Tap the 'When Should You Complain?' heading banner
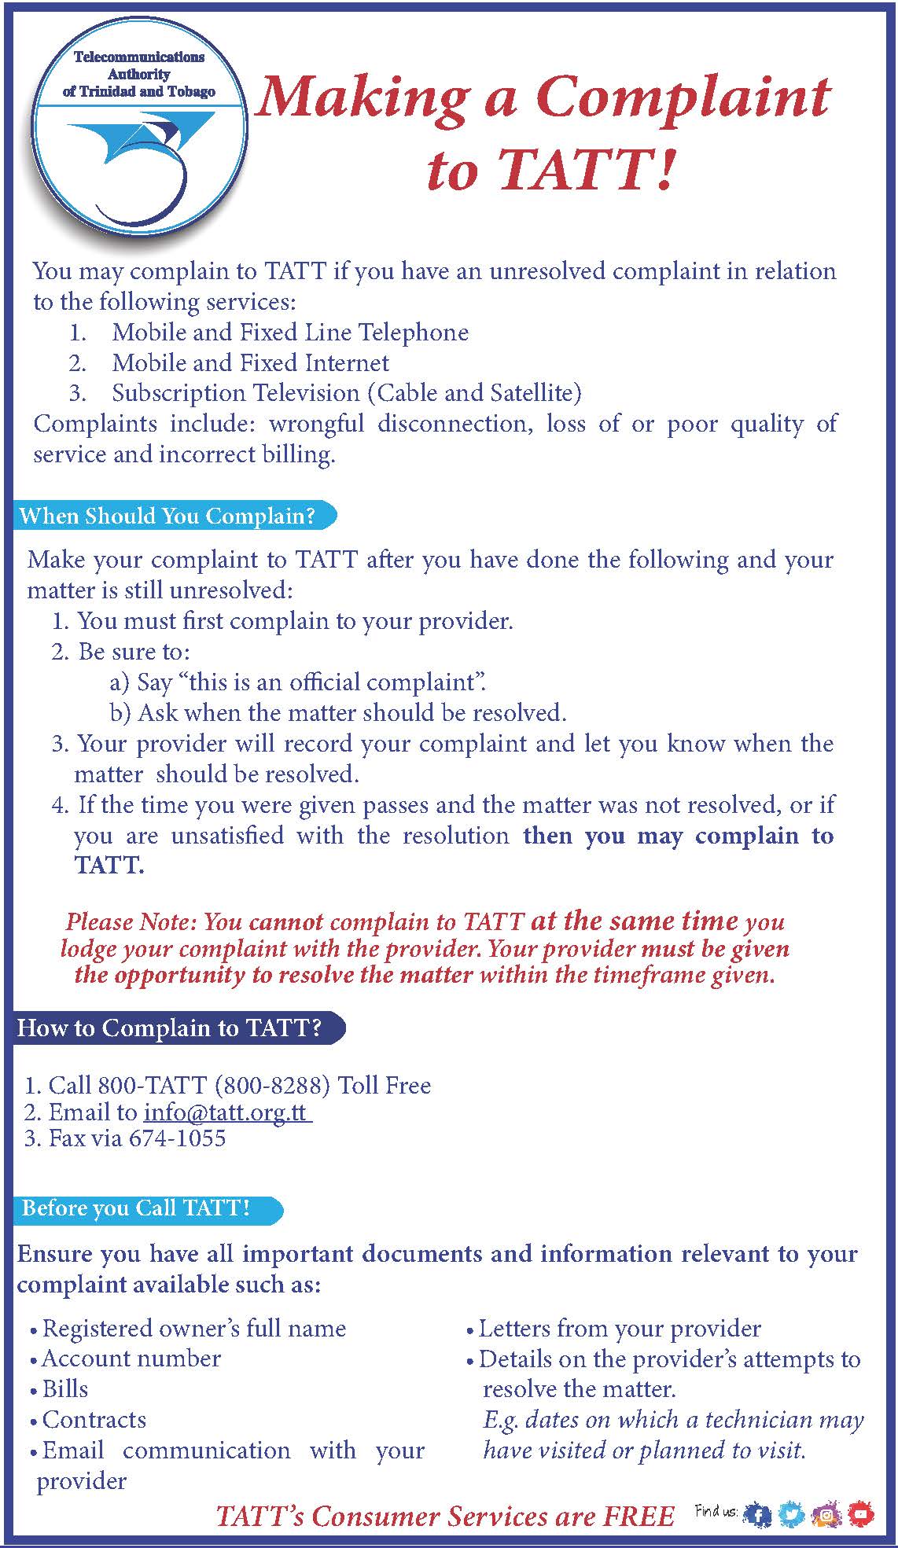(168, 516)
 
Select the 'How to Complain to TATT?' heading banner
(171, 1028)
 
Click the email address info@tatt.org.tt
(226, 1112)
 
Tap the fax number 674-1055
(178, 1138)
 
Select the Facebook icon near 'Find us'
(758, 1514)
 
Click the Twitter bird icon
(792, 1514)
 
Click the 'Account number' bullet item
(131, 1359)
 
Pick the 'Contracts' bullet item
(94, 1420)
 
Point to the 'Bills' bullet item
(65, 1389)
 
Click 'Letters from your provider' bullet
(620, 1329)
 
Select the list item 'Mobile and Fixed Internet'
(251, 362)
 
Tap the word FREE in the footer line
(639, 1516)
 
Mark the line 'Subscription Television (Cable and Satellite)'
(347, 392)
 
